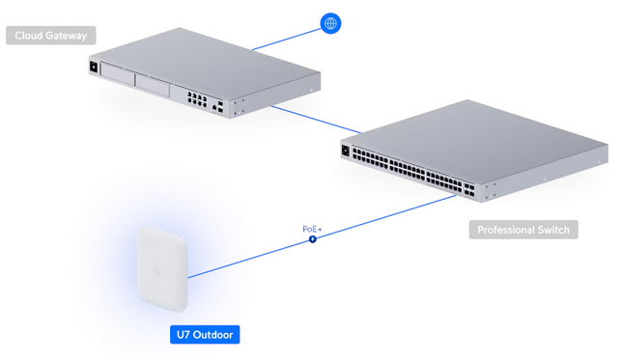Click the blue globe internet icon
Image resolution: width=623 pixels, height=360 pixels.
point(330,23)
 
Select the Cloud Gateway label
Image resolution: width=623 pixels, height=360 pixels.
point(51,37)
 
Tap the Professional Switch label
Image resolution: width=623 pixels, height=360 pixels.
point(524,230)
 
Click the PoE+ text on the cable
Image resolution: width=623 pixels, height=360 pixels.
point(312,229)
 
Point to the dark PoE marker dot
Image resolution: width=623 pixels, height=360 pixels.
point(312,238)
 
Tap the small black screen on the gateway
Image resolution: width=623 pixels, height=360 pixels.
point(93,68)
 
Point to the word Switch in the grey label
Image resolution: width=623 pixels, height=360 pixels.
point(552,230)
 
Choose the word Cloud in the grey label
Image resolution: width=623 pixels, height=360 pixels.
point(31,37)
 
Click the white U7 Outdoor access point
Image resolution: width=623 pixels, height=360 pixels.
point(159,269)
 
